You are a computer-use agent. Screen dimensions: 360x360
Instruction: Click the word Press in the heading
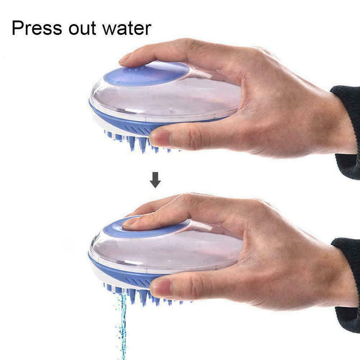38,28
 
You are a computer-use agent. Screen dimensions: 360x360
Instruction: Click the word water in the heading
127,28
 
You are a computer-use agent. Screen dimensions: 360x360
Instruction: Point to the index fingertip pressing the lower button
131,222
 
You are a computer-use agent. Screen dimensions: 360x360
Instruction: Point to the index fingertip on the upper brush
127,59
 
